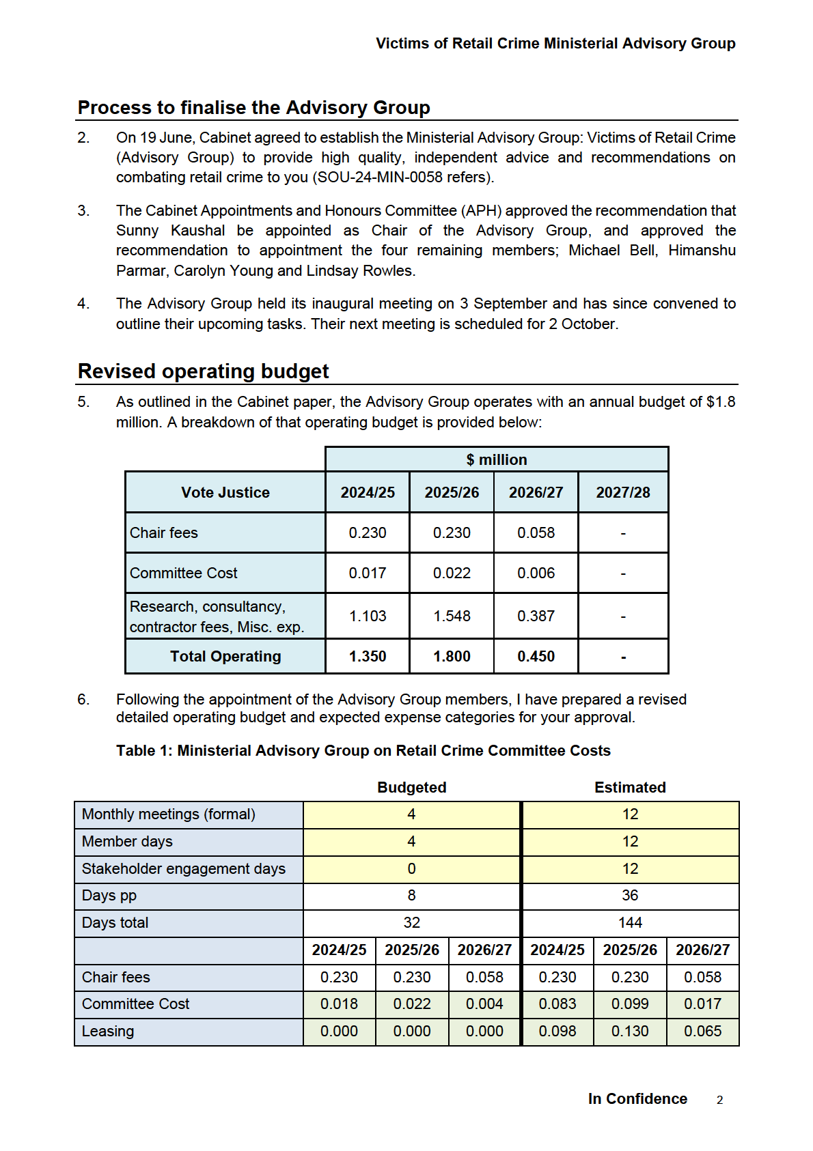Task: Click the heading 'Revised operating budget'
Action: [x=203, y=371]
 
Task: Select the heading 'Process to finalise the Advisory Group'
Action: [x=253, y=108]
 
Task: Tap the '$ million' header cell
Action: [x=497, y=459]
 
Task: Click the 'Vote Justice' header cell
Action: [x=225, y=492]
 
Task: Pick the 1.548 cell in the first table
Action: [x=452, y=616]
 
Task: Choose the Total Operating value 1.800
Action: [x=452, y=656]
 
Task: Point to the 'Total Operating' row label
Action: [x=225, y=656]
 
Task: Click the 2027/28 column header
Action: [x=623, y=492]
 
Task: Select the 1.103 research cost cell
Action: [x=368, y=616]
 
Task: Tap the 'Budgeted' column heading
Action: [x=412, y=787]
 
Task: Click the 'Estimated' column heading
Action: [x=630, y=787]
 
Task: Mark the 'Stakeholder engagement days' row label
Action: [x=184, y=868]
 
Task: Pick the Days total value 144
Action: [x=630, y=922]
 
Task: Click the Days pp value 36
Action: [x=630, y=895]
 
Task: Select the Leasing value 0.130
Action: [x=630, y=1031]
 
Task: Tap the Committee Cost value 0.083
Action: [x=557, y=1004]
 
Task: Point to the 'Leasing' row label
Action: [x=108, y=1031]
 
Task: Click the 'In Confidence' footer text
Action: [x=637, y=1098]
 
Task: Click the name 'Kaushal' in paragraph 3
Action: [x=197, y=231]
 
